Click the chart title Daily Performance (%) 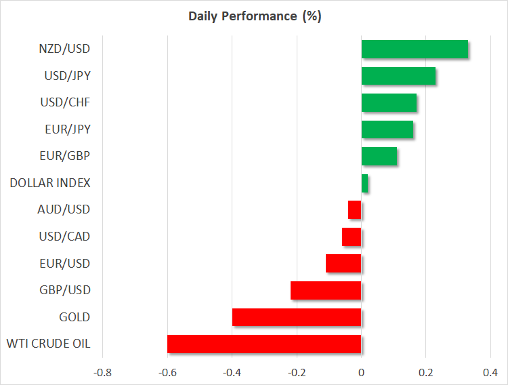[254, 16]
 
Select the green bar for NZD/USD [415, 49]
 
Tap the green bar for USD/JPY [398, 76]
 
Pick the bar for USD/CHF [389, 102]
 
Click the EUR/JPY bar [387, 129]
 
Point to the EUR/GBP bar [379, 156]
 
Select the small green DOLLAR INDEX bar [364, 183]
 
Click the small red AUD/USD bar [355, 210]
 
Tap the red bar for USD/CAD [352, 237]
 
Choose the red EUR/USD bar [343, 264]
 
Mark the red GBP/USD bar [326, 290]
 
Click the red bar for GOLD [297, 317]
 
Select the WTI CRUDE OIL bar [264, 344]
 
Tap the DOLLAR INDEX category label [50, 183]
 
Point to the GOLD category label [75, 317]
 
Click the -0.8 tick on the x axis [102, 372]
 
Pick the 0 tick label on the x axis [362, 372]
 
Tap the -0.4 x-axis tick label [232, 372]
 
